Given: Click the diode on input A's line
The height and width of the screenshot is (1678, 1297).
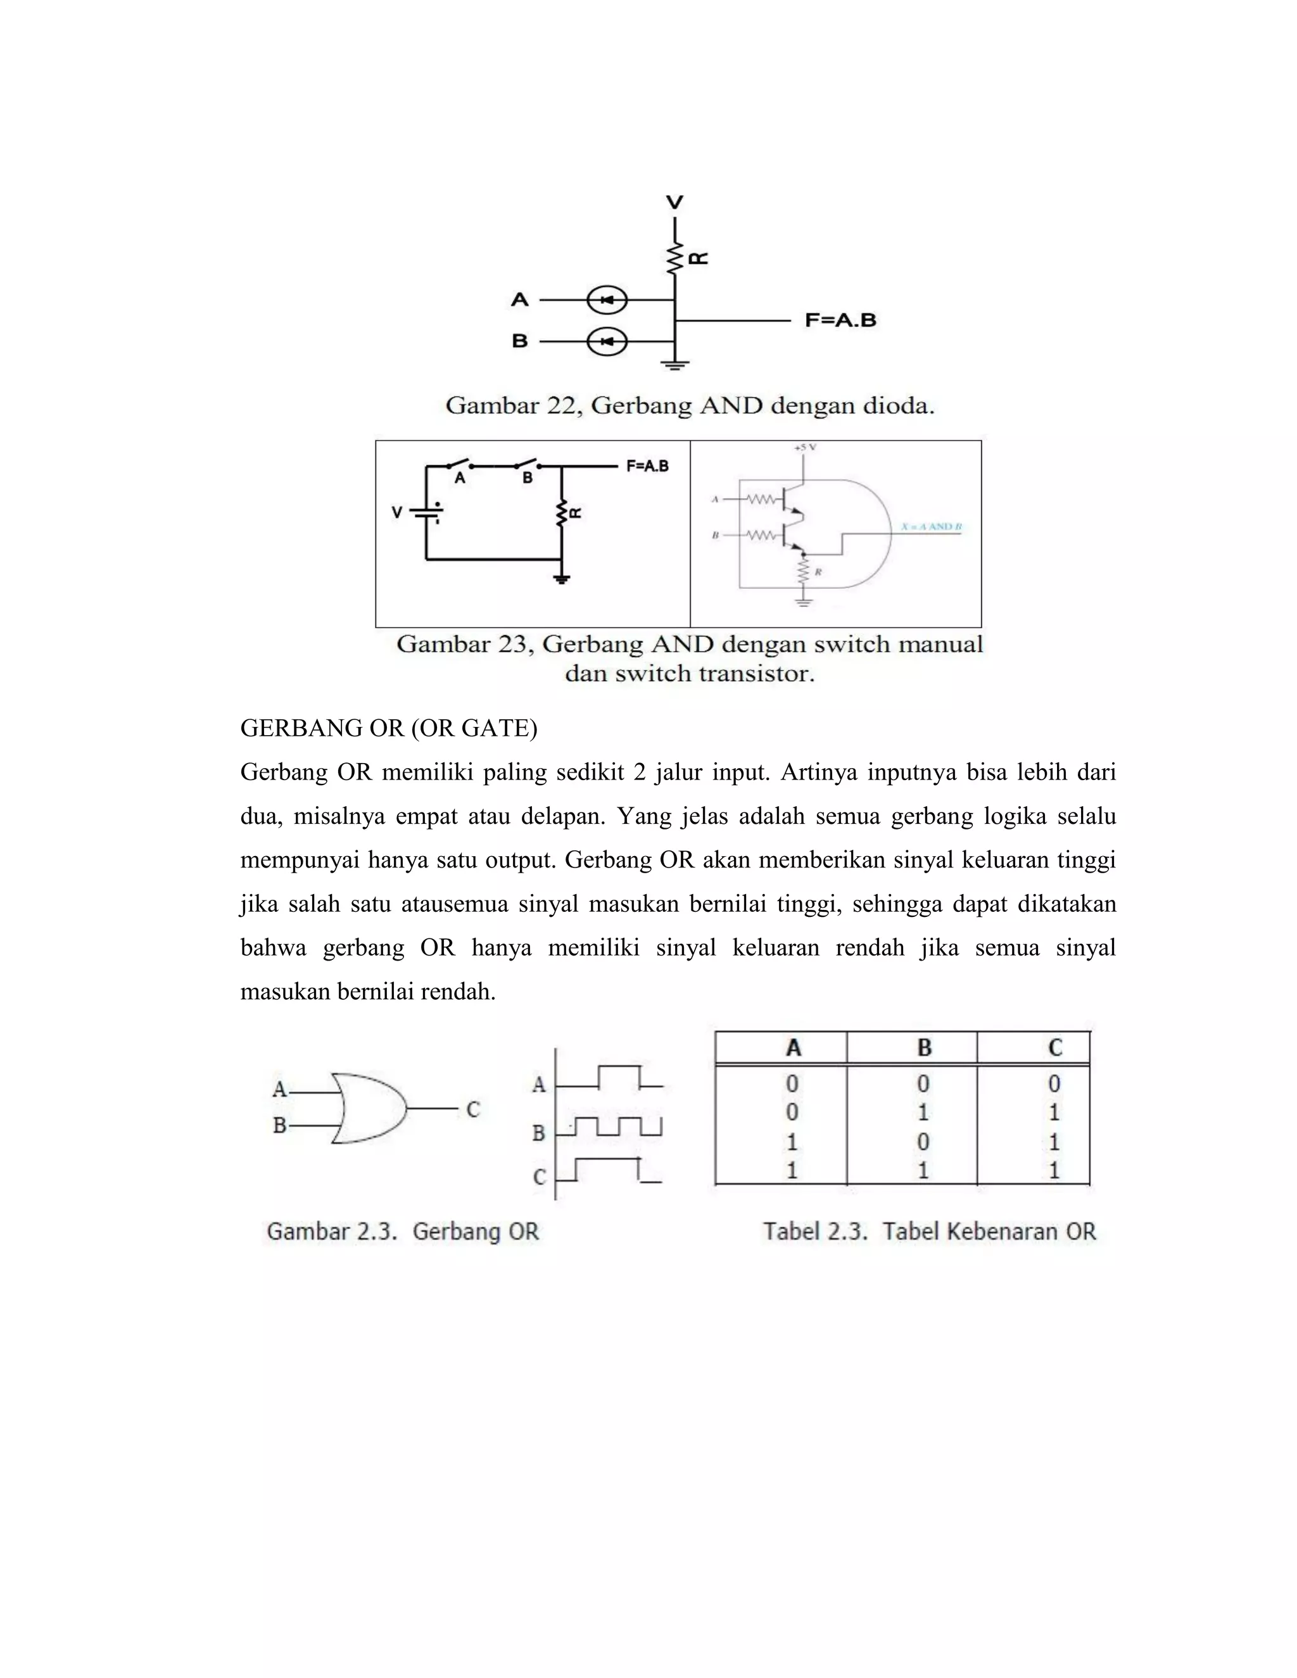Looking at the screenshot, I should coord(607,300).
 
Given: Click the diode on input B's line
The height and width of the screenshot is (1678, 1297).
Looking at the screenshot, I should coord(607,341).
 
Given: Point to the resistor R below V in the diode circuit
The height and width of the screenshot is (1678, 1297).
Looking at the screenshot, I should coord(675,258).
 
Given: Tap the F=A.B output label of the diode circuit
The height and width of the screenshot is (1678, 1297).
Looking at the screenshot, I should coord(840,320).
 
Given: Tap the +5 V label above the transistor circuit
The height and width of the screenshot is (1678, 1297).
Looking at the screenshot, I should coord(804,447).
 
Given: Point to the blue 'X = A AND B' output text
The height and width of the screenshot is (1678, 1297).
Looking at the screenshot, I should coord(931,527).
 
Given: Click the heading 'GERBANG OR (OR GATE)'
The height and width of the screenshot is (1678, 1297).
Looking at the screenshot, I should coord(389,728).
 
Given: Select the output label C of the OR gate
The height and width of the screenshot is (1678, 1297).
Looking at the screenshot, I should coord(473,1109).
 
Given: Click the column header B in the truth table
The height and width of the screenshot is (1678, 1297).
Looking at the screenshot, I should coord(925,1047).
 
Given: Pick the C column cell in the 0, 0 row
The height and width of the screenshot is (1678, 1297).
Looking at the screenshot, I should coord(1054,1083).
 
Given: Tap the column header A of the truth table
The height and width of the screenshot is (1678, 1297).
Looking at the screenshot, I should coord(794,1047).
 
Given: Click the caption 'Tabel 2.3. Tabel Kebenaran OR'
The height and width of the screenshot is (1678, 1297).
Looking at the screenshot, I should coord(929,1231).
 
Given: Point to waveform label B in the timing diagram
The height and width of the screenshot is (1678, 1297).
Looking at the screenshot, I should coord(540,1133).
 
